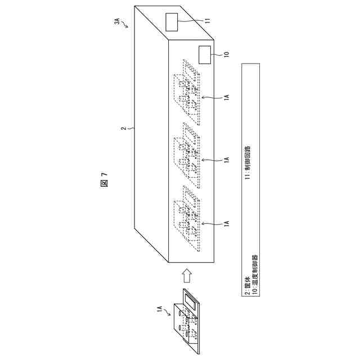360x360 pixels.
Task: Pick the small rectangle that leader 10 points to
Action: click(x=206, y=55)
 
